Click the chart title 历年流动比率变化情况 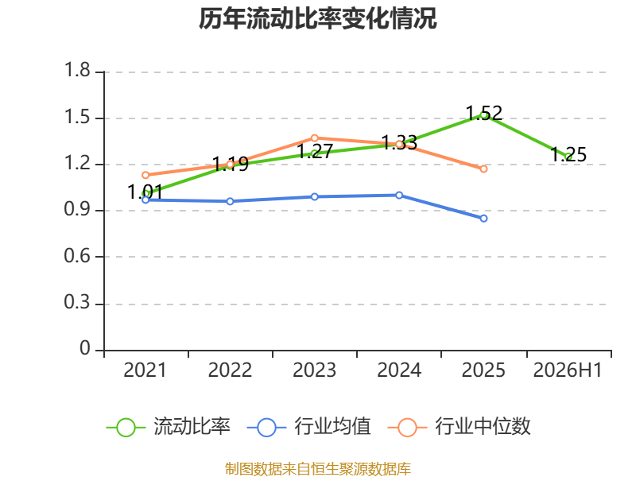317,18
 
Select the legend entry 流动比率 168,426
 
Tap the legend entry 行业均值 308,426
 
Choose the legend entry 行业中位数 459,426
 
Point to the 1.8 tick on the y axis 77,70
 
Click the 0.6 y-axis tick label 77,256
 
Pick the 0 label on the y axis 85,348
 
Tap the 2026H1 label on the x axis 568,370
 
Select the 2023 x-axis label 314,370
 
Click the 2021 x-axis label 145,370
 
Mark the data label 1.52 484,113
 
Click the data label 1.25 568,154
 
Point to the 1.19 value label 231,165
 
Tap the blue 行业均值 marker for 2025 483,219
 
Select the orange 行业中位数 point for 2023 314,138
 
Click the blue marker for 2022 230,201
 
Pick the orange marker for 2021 145,175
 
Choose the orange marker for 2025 483,169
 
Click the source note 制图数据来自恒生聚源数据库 317,469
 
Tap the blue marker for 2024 399,195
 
